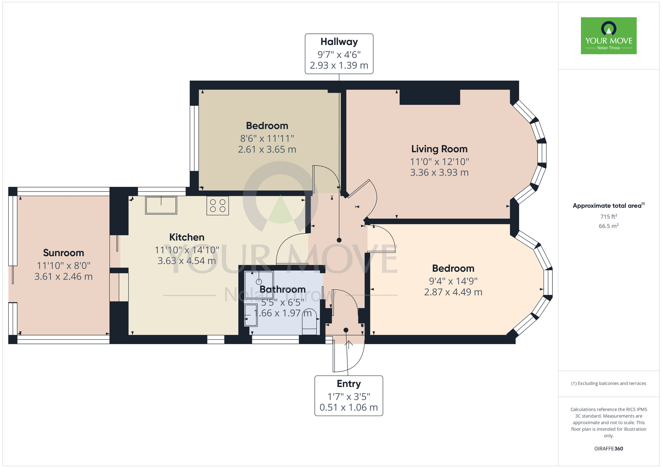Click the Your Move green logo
click(x=608, y=36)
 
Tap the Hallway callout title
click(x=339, y=42)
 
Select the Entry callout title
click(x=349, y=384)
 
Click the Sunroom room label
click(x=64, y=253)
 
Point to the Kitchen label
click(x=187, y=237)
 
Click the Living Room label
click(x=439, y=149)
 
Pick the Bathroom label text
click(x=282, y=289)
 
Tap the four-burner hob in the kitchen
click(x=217, y=206)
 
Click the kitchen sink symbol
click(x=161, y=205)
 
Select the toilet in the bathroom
click(x=310, y=322)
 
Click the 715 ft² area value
click(x=609, y=216)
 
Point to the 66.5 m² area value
click(x=609, y=226)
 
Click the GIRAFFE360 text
click(x=609, y=449)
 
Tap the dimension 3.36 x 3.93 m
click(x=439, y=172)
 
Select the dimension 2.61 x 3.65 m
click(x=267, y=150)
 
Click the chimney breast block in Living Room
click(x=430, y=97)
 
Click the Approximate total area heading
click(x=609, y=206)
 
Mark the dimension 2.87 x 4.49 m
click(x=453, y=292)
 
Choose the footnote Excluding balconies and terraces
click(x=609, y=383)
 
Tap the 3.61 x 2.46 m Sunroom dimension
click(x=64, y=277)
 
